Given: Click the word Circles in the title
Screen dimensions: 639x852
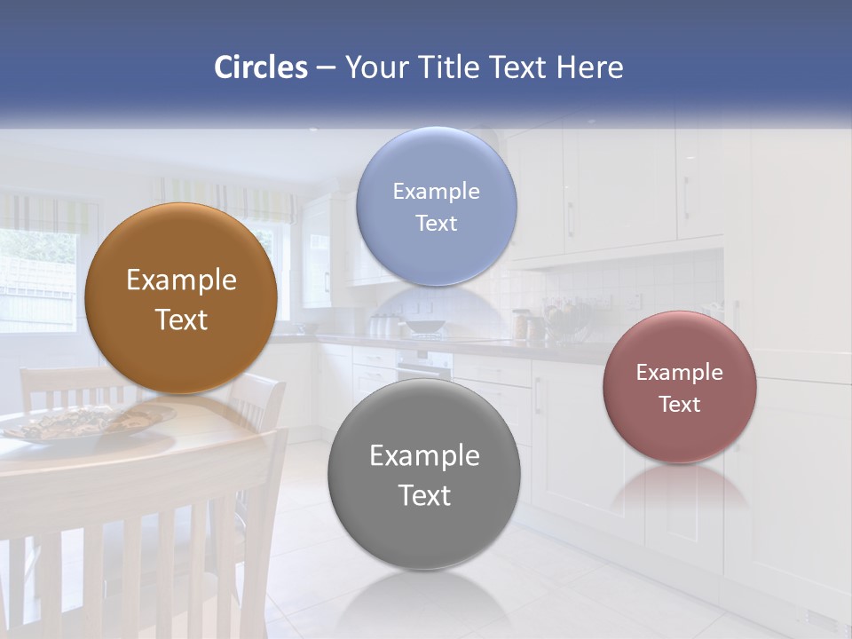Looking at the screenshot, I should [x=260, y=67].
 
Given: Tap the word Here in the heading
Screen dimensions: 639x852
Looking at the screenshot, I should [x=589, y=67].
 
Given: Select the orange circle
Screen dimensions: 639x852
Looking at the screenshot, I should [x=181, y=298].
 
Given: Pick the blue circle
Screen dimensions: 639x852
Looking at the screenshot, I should [x=436, y=206].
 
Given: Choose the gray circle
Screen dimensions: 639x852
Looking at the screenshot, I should [x=423, y=475].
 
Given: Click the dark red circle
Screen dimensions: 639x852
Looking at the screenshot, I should [x=679, y=387].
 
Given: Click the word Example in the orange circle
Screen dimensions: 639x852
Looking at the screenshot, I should [x=181, y=280].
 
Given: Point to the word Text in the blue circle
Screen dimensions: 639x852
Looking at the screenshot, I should [x=436, y=223].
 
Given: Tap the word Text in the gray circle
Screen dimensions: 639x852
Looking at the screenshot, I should [x=424, y=495].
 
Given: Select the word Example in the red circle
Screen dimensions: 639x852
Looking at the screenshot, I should [x=679, y=372].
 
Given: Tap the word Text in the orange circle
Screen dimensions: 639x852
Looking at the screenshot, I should [x=181, y=319].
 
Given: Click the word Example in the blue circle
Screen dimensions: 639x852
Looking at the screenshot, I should [x=436, y=191].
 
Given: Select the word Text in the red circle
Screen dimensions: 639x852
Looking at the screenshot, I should [x=680, y=405].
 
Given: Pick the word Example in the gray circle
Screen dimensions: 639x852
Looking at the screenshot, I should [x=424, y=455].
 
